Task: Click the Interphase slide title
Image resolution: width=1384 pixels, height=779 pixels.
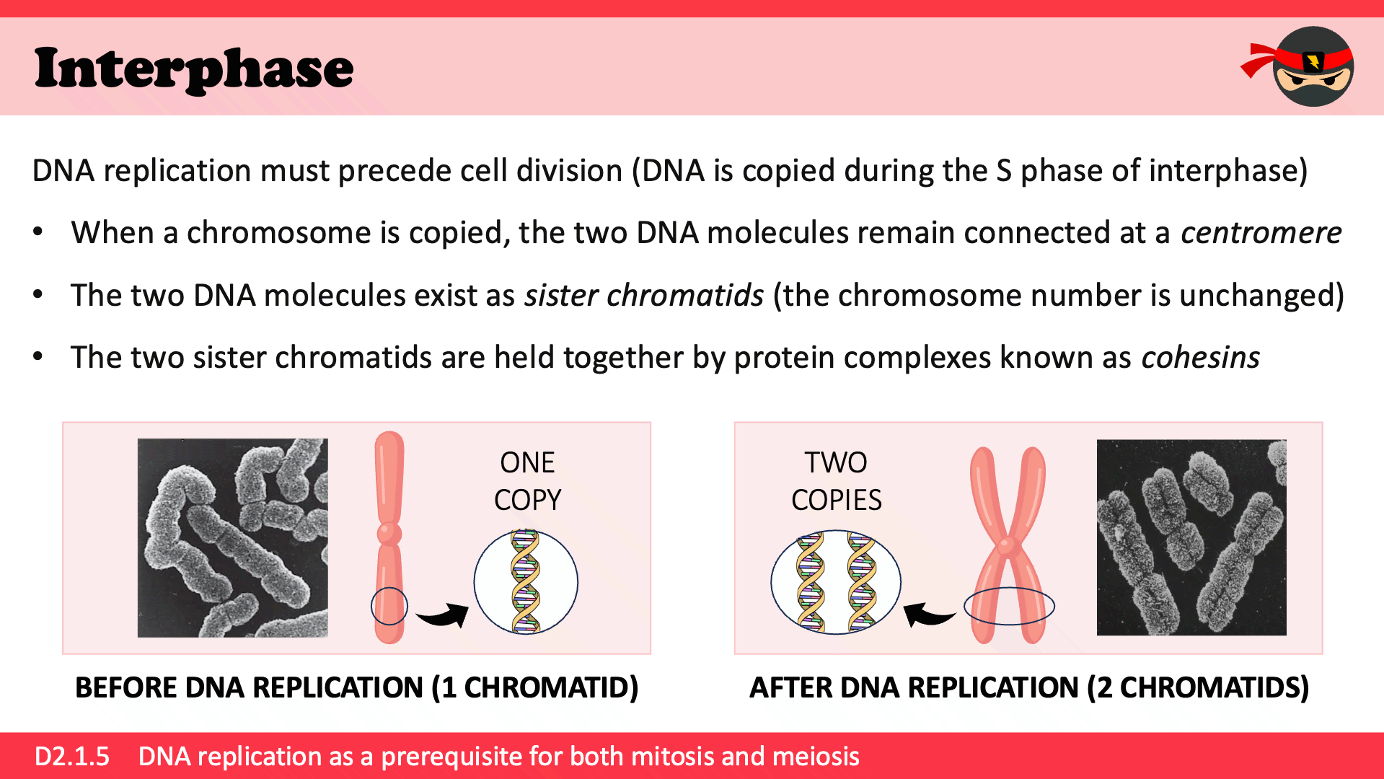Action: click(194, 69)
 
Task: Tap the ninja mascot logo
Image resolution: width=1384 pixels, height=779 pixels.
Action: click(1298, 66)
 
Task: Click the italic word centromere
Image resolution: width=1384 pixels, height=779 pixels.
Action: click(1261, 233)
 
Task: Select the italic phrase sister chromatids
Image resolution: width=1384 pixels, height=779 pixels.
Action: click(644, 296)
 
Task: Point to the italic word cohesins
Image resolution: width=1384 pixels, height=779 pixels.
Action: click(1201, 358)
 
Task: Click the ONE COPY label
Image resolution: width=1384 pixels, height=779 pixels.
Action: click(527, 481)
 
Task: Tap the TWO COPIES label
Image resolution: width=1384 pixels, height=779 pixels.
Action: click(836, 481)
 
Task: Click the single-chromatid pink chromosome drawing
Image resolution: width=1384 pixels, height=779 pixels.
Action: click(389, 537)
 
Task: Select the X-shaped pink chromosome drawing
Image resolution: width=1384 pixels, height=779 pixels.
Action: click(1008, 545)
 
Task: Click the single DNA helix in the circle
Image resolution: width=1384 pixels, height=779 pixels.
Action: click(526, 582)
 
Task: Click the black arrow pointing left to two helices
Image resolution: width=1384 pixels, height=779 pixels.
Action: click(929, 615)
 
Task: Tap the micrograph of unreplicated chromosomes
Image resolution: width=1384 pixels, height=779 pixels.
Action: click(232, 538)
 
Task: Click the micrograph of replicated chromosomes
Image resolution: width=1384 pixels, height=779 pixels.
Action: click(1191, 537)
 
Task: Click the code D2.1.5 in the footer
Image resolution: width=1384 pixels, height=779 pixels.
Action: click(72, 757)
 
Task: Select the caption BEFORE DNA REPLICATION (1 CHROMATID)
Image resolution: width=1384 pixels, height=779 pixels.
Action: click(357, 688)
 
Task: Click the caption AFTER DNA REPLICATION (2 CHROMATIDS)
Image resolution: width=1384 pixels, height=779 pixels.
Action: click(1029, 688)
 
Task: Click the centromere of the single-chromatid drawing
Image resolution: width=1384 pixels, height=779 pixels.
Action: click(389, 534)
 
